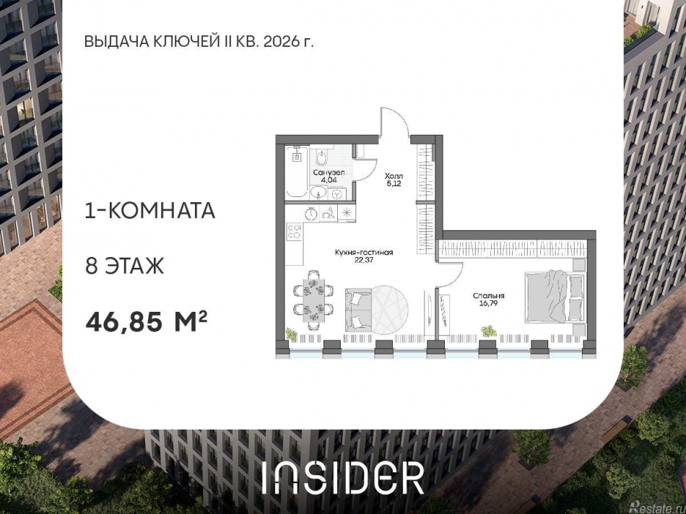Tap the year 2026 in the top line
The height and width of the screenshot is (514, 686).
[281, 41]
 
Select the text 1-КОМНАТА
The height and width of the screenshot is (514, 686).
[150, 211]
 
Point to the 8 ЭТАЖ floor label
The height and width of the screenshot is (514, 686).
[125, 266]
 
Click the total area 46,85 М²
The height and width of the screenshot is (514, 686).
[147, 320]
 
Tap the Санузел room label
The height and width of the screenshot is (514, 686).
[329, 173]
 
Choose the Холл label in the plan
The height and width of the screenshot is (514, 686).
[394, 176]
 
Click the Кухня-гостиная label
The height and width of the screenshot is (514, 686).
[363, 253]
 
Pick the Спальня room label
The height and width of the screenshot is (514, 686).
[489, 296]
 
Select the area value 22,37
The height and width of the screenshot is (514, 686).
[363, 261]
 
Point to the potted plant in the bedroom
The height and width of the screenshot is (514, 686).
[489, 331]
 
